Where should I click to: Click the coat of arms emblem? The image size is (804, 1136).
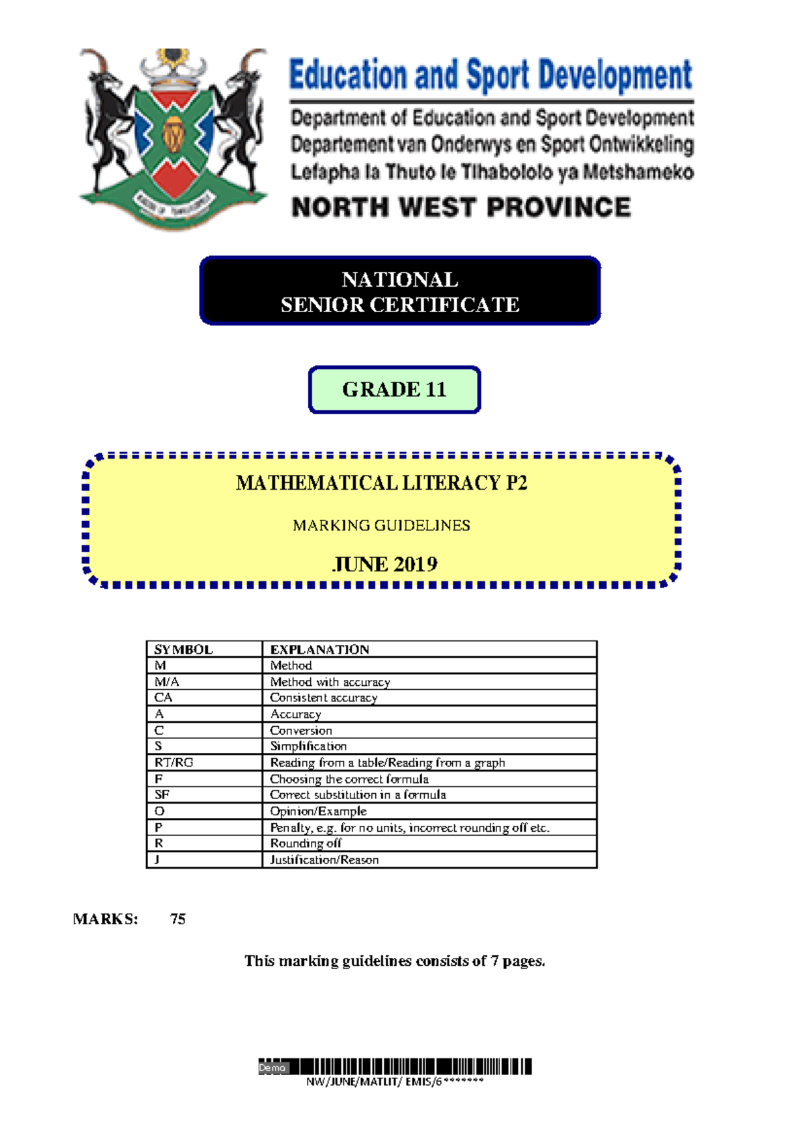pyautogui.click(x=173, y=139)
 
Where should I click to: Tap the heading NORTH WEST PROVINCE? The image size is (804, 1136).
pyautogui.click(x=461, y=207)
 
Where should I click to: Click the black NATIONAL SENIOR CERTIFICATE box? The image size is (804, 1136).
pyautogui.click(x=400, y=291)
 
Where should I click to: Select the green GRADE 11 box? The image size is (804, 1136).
pyautogui.click(x=394, y=390)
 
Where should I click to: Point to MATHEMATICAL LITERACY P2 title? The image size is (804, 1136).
pyautogui.click(x=381, y=483)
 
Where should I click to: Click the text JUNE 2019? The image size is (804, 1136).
pyautogui.click(x=385, y=564)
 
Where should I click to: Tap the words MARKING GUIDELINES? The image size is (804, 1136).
pyautogui.click(x=381, y=525)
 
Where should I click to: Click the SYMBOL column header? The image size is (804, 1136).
pyautogui.click(x=184, y=649)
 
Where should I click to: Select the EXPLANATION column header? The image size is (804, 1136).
pyautogui.click(x=320, y=649)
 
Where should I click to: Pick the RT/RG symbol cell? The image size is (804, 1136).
pyautogui.click(x=174, y=762)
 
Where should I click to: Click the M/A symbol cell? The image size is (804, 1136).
pyautogui.click(x=167, y=681)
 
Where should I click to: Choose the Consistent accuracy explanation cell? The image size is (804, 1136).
pyautogui.click(x=324, y=697)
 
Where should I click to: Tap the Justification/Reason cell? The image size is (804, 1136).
pyautogui.click(x=324, y=859)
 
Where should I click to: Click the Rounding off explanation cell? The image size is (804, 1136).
pyautogui.click(x=306, y=843)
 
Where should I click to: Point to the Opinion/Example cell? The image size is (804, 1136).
pyautogui.click(x=318, y=811)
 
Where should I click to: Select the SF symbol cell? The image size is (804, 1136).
pyautogui.click(x=162, y=794)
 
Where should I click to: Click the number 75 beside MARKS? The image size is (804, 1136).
pyautogui.click(x=178, y=918)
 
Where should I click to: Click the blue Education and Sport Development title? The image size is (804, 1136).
pyautogui.click(x=490, y=75)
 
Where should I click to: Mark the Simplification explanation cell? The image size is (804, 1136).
pyautogui.click(x=308, y=746)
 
